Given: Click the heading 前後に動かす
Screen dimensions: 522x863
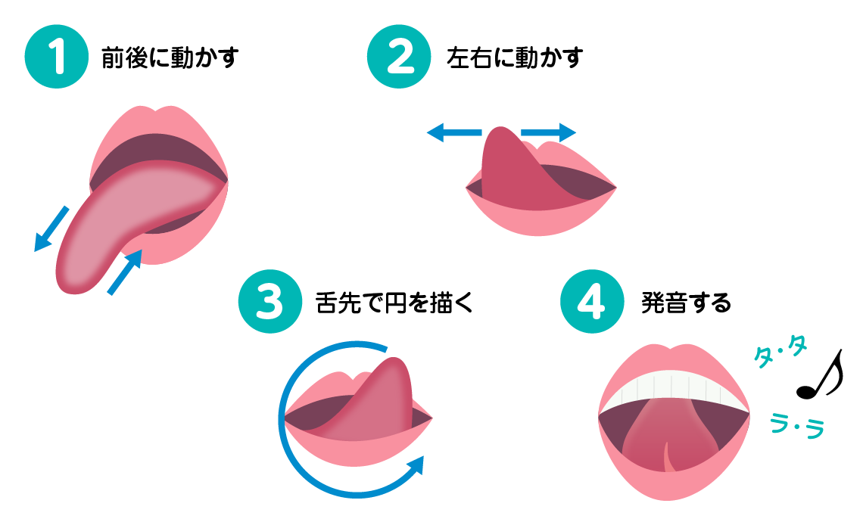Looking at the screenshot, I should pyautogui.click(x=170, y=58).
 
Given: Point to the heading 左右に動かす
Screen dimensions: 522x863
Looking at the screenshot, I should pyautogui.click(x=515, y=58).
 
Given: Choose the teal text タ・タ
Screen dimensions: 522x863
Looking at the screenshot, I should pyautogui.click(x=780, y=352).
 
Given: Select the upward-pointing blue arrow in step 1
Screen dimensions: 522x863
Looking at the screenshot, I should pyautogui.click(x=126, y=272).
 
